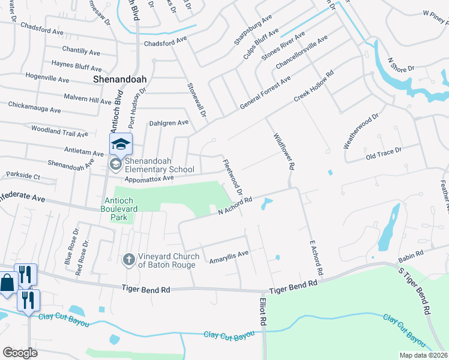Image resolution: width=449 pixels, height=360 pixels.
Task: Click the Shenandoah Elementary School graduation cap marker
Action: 120,144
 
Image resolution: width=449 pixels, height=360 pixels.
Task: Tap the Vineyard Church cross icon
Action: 127,260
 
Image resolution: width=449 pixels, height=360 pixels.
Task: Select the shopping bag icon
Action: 7,282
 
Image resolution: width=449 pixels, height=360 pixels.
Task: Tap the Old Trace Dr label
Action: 384,155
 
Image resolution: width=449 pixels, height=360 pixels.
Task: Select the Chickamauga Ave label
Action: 34,107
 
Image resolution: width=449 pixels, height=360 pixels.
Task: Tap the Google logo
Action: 20,353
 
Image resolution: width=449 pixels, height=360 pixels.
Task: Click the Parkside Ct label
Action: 23,176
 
